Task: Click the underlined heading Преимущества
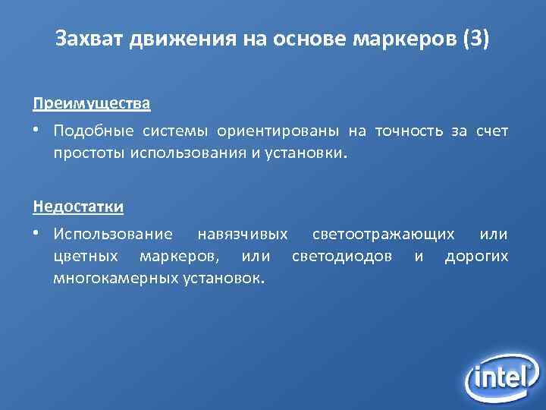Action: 92,102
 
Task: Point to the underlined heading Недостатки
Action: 79,206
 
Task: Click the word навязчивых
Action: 242,235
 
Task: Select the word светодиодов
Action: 342,257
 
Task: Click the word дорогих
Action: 476,257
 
